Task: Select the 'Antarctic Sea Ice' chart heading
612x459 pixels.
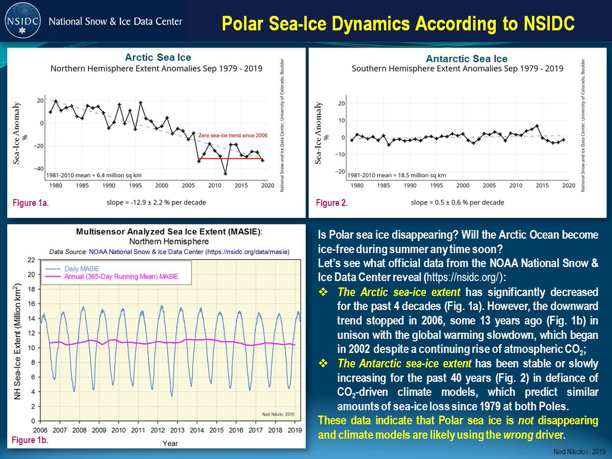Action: (466, 59)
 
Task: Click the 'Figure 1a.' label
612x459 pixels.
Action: (31, 203)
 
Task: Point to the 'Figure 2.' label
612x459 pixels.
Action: (332, 203)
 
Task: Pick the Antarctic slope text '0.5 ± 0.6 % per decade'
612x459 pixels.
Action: (457, 202)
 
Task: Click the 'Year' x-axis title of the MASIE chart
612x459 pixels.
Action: (170, 443)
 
